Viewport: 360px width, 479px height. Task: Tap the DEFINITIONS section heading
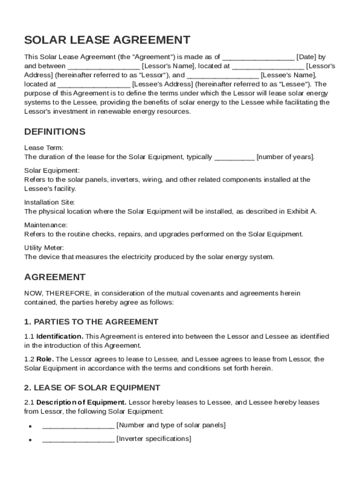pyautogui.click(x=55, y=131)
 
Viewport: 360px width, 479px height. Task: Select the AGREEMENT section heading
pyautogui.click(x=55, y=277)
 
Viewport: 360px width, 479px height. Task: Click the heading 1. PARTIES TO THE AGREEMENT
pyautogui.click(x=91, y=322)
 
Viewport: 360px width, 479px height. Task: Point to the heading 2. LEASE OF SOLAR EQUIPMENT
pyautogui.click(x=92, y=388)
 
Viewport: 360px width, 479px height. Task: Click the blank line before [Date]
pyautogui.click(x=258, y=57)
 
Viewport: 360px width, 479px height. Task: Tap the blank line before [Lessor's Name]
pyautogui.click(x=103, y=66)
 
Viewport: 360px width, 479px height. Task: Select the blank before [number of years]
pyautogui.click(x=234, y=157)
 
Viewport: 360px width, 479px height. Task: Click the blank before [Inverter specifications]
pyautogui.click(x=78, y=439)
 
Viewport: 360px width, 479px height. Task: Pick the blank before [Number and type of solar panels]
pyautogui.click(x=78, y=426)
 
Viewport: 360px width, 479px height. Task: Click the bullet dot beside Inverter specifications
pyautogui.click(x=30, y=440)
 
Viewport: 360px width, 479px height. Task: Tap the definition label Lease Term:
pyautogui.click(x=43, y=148)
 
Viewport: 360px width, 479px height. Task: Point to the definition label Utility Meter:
pyautogui.click(x=44, y=248)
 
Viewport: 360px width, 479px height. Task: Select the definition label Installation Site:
pyautogui.click(x=50, y=203)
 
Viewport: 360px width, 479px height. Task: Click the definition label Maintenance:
pyautogui.click(x=46, y=225)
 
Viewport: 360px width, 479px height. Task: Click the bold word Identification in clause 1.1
pyautogui.click(x=59, y=336)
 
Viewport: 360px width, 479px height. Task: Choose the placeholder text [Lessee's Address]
pyautogui.click(x=163, y=84)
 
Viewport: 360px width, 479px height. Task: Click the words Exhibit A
pyautogui.click(x=301, y=211)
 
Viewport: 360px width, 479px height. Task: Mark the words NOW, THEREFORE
pyautogui.click(x=58, y=293)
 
